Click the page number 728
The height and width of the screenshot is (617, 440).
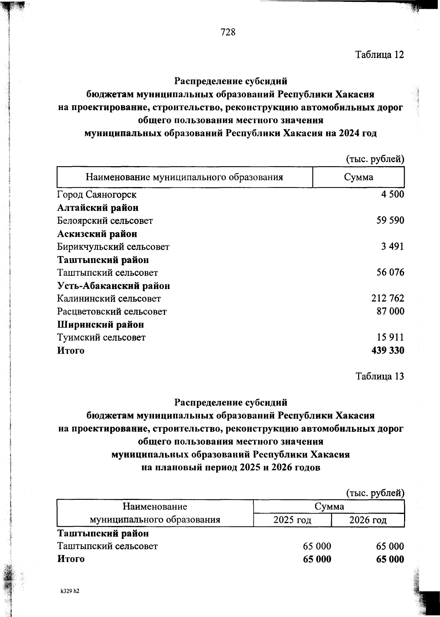228,32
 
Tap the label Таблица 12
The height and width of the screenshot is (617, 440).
379,55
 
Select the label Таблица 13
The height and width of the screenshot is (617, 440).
379,376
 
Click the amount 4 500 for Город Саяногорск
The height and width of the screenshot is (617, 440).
392,194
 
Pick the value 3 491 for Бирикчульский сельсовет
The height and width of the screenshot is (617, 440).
392,246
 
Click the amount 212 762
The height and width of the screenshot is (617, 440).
388,298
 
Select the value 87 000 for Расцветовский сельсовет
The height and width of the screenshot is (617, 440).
390,311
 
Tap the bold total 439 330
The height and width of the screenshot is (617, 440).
388,350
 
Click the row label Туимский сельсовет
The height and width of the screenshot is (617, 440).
101,337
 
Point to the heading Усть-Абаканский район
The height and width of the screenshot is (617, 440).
113,285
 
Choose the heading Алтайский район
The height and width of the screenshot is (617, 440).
98,208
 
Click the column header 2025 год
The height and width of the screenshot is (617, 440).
292,520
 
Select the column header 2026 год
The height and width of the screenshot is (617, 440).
368,520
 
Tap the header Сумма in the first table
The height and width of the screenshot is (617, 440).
358,177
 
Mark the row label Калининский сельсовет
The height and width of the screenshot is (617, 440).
109,299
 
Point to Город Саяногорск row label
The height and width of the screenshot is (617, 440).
97,194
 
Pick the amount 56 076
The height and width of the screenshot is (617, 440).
390,272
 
